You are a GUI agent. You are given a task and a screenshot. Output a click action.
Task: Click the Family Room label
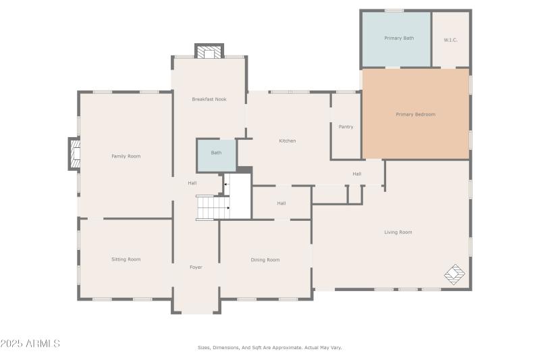coord(126,156)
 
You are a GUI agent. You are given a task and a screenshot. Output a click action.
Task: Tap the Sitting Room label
coord(126,259)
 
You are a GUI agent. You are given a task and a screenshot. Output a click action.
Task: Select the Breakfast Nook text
coord(209,99)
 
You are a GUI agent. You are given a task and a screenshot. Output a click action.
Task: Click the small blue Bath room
coord(216,155)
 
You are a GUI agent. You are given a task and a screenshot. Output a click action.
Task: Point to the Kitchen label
coord(288,140)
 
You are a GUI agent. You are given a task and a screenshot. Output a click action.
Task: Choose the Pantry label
coord(346,127)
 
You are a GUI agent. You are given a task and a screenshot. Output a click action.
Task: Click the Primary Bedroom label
coord(415,114)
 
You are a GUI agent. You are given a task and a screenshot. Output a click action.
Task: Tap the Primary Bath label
coord(399,38)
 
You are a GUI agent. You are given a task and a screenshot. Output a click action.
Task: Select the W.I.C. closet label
coord(450,40)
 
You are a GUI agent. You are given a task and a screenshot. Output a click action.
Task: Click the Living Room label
coord(398,232)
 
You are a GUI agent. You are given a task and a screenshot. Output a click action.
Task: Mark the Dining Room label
coord(265,259)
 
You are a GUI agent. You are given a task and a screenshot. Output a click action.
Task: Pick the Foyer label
coord(196,267)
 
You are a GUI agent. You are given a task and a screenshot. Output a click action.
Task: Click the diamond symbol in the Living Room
coord(454,274)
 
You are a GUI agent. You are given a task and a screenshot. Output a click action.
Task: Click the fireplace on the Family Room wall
coord(74,154)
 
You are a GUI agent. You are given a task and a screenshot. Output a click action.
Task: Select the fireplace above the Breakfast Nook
coord(209,51)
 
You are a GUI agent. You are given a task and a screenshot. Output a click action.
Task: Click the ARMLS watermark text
coord(30,344)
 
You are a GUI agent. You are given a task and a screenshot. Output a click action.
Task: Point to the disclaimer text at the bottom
coord(269,347)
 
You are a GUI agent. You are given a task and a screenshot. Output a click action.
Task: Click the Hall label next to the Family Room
coord(192,183)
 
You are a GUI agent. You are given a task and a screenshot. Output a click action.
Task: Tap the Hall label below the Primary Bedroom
coord(357,174)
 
